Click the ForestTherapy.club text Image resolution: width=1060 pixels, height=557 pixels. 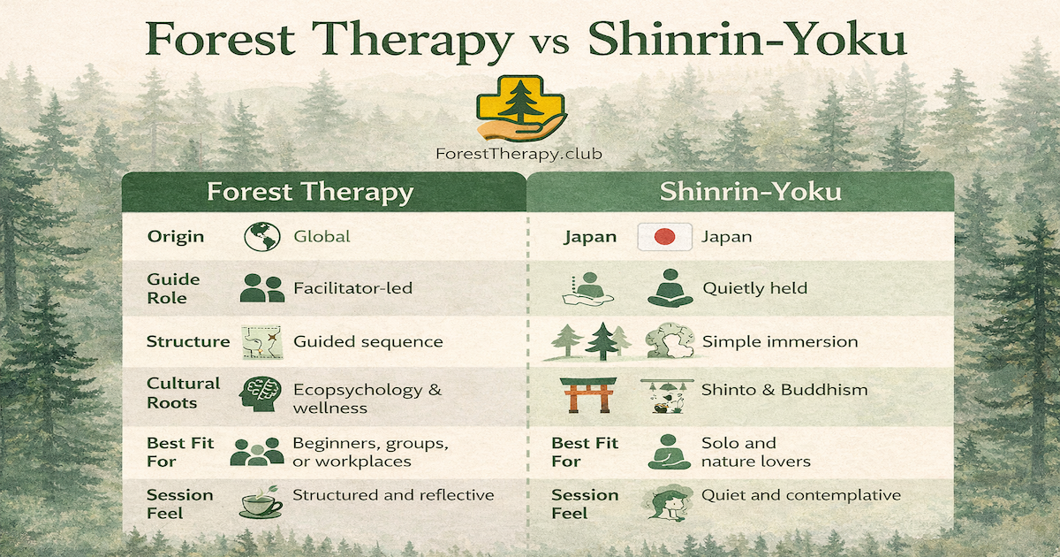click(519, 153)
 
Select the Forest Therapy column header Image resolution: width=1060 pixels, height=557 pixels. click(309, 193)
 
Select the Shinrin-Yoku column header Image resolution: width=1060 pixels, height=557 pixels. click(748, 193)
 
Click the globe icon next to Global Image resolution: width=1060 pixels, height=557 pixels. click(261, 237)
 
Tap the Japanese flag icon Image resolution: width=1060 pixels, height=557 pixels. click(664, 237)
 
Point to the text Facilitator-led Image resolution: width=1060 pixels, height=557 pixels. click(340, 288)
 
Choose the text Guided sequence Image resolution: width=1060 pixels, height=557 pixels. click(367, 341)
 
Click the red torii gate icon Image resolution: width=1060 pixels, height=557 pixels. click(586, 394)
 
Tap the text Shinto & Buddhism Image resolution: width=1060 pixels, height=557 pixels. click(784, 389)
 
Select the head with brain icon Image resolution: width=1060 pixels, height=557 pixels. click(261, 394)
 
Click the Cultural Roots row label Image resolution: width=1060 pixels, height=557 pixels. click(183, 393)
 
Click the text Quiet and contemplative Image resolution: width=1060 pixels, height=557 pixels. click(801, 495)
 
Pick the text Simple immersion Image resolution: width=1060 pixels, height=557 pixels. click(780, 341)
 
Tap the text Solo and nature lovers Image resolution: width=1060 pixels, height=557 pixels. click(755, 452)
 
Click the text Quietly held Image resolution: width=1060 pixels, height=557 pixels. click(755, 288)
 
